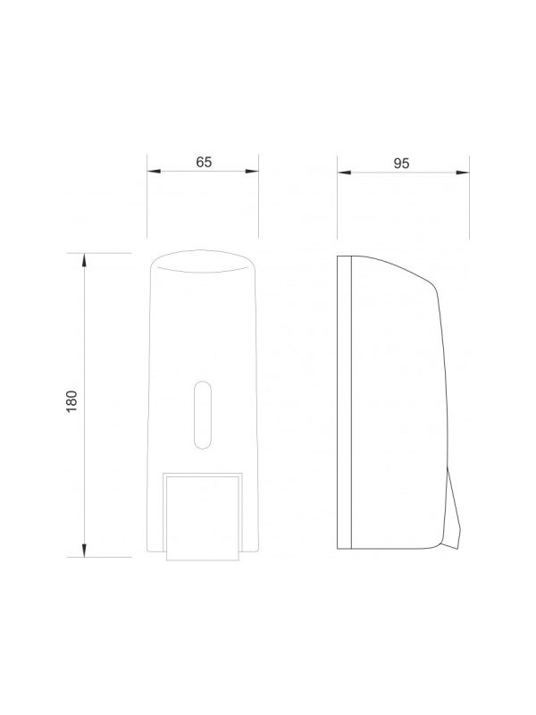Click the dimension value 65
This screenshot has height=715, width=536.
[x=204, y=162]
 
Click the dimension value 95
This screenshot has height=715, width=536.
[x=401, y=164]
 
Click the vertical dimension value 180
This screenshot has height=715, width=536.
[x=72, y=401]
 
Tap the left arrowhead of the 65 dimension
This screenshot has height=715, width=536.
[x=154, y=172]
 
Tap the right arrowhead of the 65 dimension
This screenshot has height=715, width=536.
[x=252, y=172]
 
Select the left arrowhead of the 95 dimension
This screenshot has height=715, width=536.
[x=344, y=172]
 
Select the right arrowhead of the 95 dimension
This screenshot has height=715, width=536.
[x=463, y=172]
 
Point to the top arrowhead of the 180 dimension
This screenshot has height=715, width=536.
[x=84, y=260]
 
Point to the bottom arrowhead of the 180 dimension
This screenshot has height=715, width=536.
[x=84, y=550]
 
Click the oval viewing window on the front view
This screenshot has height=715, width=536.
[x=203, y=415]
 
